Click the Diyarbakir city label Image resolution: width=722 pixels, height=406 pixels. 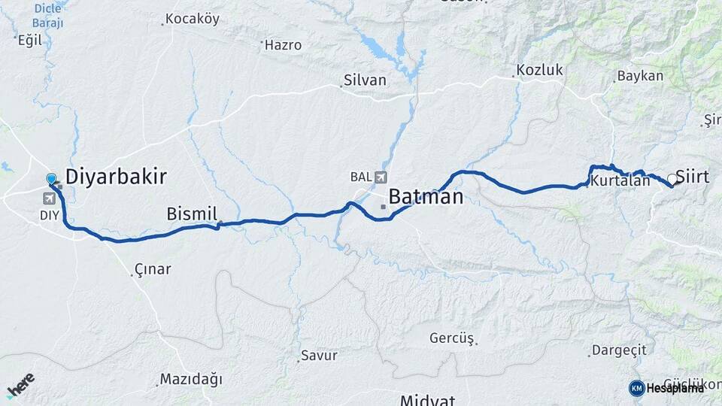coord(116,177)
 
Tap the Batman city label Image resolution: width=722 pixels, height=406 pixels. coord(426,197)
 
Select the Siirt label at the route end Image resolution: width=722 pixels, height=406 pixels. coord(693,177)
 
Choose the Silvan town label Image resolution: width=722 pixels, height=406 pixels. coord(365,80)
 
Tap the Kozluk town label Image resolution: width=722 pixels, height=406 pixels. coord(539,71)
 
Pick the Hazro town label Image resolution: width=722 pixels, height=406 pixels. coord(283,45)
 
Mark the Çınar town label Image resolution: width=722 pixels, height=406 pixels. coord(153,269)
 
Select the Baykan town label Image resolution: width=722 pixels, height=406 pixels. coord(640,76)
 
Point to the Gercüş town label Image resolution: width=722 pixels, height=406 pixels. coord(452,338)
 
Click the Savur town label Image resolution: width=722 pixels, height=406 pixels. coord(319,356)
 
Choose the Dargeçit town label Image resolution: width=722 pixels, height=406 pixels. coord(619,350)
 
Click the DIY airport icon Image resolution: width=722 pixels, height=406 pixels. coord(50,198)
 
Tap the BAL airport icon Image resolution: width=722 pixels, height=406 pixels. coord(381,177)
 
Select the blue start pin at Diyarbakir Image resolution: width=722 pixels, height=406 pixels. coord(51,179)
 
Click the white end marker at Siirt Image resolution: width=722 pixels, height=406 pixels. coord(671,179)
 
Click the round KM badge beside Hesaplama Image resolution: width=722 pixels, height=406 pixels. coord(636,388)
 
